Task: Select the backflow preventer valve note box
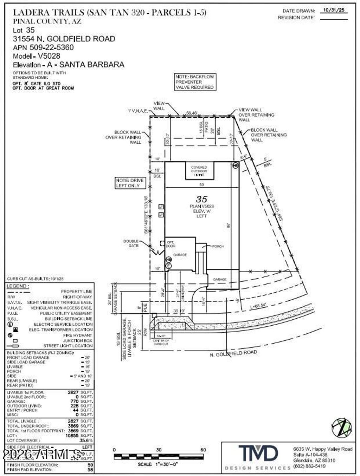[195, 82]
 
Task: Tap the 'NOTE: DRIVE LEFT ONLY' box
[130, 183]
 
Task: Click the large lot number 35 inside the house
[202, 199]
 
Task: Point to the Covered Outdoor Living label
[199, 171]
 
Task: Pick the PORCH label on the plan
[218, 246]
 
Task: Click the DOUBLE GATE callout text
[131, 243]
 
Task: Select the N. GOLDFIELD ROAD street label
[233, 353]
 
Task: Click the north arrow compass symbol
[341, 428]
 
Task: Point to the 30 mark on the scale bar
[159, 450]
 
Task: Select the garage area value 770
[75, 401]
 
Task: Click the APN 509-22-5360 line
[43, 47]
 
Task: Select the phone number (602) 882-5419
[309, 466]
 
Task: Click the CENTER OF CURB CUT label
[161, 342]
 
